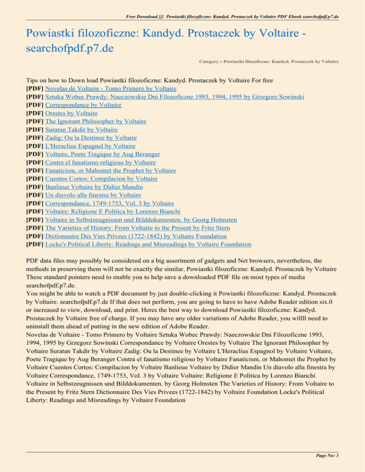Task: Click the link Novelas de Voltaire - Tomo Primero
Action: tap(104, 88)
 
